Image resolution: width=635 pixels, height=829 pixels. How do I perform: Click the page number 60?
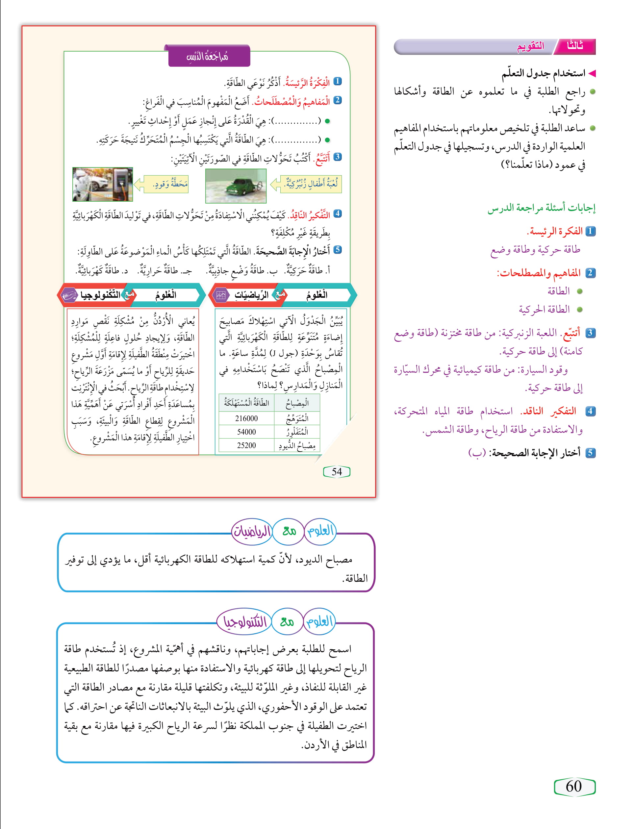click(x=574, y=786)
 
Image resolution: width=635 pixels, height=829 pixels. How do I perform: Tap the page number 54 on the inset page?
click(x=336, y=471)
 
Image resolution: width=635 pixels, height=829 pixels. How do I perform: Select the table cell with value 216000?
click(x=246, y=418)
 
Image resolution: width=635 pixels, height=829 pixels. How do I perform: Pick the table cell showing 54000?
click(x=246, y=432)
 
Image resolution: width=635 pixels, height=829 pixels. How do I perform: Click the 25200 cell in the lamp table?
click(x=246, y=445)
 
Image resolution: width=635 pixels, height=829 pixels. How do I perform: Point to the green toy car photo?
click(x=236, y=186)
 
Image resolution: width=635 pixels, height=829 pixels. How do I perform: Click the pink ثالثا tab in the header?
click(x=575, y=46)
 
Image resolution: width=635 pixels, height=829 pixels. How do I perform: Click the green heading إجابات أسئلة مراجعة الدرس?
click(x=541, y=208)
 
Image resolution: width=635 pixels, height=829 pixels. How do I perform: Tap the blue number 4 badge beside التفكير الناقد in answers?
click(x=590, y=411)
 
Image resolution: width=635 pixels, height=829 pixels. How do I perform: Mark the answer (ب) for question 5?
click(x=477, y=453)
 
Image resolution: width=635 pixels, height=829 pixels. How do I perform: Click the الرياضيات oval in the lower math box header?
click(x=252, y=531)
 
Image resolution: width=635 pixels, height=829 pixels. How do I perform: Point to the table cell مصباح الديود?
click(x=297, y=446)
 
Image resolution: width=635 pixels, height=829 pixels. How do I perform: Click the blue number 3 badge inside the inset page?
click(x=338, y=157)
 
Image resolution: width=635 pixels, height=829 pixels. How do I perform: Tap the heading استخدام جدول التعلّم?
click(x=543, y=73)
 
